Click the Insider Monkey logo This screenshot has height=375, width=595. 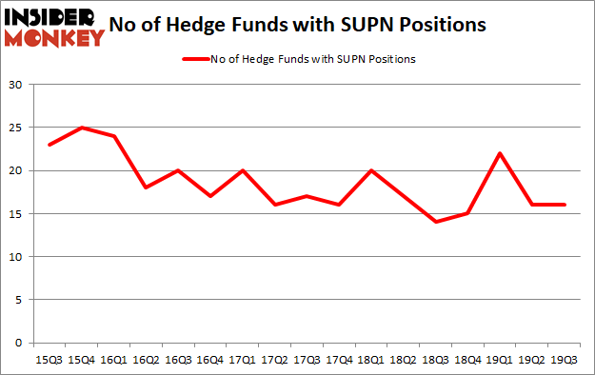tap(54, 26)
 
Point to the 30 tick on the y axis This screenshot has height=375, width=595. tap(16, 85)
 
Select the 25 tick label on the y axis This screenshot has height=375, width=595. tap(16, 128)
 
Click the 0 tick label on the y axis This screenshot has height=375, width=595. tap(20, 343)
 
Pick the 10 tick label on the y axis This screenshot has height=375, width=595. tap(16, 257)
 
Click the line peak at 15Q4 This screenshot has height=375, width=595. tap(81, 128)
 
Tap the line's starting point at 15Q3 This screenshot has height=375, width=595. tap(49, 145)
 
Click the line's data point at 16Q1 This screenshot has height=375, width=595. tap(114, 136)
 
